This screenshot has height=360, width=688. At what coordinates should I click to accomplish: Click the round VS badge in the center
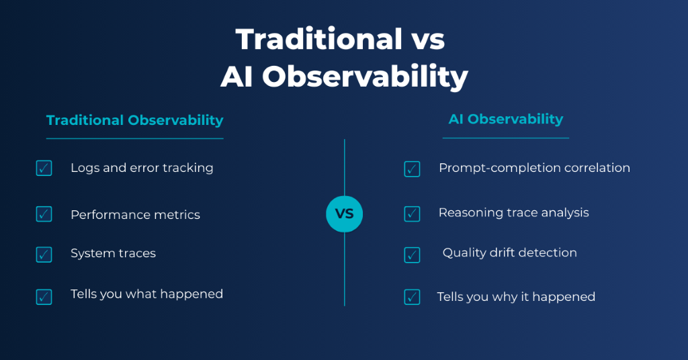click(345, 214)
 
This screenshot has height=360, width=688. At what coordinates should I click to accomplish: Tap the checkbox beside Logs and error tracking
click(44, 168)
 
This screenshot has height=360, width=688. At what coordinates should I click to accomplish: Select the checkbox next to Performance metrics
click(44, 214)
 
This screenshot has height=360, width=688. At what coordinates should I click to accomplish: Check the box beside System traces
click(44, 255)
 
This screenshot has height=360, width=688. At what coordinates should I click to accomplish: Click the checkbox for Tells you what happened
click(44, 297)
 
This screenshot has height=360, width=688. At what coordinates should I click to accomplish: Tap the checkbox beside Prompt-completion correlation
click(412, 169)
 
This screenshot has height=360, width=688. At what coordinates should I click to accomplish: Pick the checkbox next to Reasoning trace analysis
click(412, 214)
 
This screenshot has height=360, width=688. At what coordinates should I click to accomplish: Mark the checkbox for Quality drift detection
click(412, 255)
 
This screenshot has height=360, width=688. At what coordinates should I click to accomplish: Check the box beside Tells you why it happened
click(412, 297)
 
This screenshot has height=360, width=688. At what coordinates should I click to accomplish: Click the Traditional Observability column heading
click(134, 120)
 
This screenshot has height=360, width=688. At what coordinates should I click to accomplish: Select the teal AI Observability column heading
click(505, 119)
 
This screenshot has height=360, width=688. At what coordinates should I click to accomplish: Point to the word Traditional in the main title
click(319, 39)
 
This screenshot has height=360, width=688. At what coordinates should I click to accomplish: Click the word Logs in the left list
click(85, 168)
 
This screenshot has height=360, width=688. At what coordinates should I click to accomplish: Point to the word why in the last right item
click(505, 298)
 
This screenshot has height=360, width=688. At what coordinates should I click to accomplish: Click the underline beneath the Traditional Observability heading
click(134, 138)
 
